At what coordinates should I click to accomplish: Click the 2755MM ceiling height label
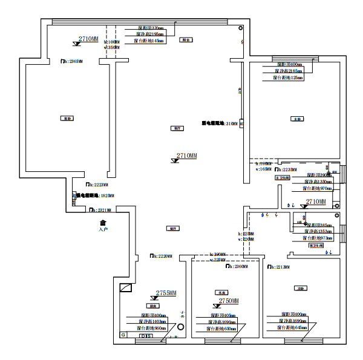(x=166, y=293)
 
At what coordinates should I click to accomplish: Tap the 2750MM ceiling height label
(x=229, y=301)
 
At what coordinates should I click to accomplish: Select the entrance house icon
(x=103, y=223)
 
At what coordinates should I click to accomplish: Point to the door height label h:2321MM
(x=99, y=210)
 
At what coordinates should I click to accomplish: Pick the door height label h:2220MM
(x=160, y=257)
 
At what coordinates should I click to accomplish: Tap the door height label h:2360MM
(x=237, y=266)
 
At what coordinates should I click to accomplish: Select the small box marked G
(x=123, y=335)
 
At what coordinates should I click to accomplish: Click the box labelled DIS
(x=145, y=335)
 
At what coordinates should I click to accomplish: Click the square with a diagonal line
(x=126, y=289)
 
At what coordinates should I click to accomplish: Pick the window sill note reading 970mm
(x=317, y=188)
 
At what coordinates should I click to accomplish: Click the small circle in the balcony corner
(x=241, y=28)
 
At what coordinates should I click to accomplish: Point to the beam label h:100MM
(x=112, y=42)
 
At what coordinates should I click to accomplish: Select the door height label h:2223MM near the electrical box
(x=97, y=185)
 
